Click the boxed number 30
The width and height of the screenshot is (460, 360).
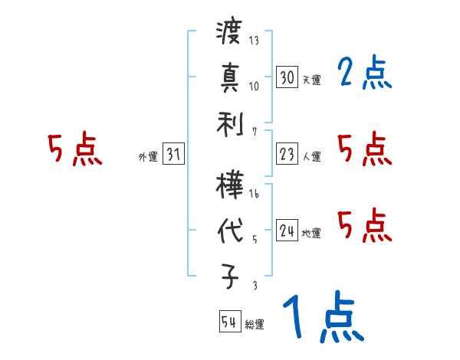click(x=287, y=77)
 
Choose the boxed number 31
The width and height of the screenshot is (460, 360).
click(x=173, y=155)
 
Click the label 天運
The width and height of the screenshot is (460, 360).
click(x=311, y=80)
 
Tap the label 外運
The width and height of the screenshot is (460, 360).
click(x=148, y=157)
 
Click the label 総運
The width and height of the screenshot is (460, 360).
click(x=255, y=325)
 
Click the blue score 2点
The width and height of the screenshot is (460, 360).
click(x=364, y=74)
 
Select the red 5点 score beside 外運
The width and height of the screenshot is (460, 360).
click(x=74, y=150)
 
